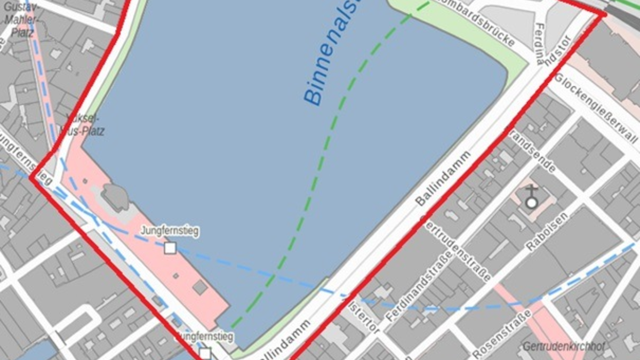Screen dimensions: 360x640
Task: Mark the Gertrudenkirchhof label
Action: (x=564, y=347)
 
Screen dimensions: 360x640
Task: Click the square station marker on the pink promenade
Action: (x=170, y=247)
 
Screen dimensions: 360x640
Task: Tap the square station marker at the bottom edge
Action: (x=205, y=353)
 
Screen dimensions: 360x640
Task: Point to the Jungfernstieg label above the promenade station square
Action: (x=170, y=231)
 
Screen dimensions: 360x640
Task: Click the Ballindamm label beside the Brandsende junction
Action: (x=443, y=178)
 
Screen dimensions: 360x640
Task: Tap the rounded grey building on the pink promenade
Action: (x=115, y=196)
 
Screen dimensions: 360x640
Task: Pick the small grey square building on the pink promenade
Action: (x=199, y=287)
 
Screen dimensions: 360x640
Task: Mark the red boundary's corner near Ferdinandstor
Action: (x=604, y=14)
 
